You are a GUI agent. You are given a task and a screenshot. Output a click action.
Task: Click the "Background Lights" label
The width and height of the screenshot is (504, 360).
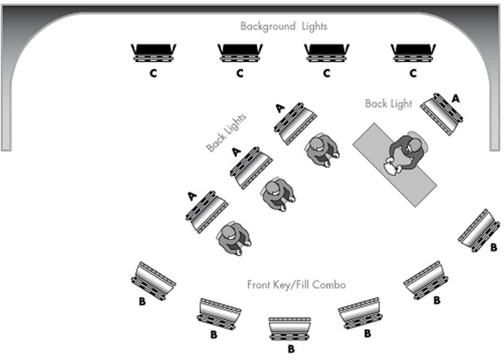coord(284,27)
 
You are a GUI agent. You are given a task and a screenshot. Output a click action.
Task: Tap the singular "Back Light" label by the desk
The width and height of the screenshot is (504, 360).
coord(389,104)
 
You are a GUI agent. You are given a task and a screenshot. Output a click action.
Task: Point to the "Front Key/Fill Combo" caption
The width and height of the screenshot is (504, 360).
coord(297,284)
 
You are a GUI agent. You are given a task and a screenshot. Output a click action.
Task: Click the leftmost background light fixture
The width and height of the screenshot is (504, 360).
coord(154,53)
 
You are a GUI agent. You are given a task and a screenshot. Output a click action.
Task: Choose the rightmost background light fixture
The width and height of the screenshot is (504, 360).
coord(413,53)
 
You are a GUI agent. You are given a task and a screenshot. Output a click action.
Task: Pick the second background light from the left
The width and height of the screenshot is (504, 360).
coord(240,53)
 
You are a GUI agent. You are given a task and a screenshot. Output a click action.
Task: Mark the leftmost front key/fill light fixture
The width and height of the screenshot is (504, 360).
coord(154,280)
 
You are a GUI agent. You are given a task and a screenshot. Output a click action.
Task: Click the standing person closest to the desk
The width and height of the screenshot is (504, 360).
coord(320,149)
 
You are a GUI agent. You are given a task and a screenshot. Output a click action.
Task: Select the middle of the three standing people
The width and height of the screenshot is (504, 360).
coord(279,193)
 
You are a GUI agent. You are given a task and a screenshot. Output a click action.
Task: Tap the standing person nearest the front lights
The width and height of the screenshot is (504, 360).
coord(234,237)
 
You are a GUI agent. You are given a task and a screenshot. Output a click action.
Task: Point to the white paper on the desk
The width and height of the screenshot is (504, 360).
coord(392,168)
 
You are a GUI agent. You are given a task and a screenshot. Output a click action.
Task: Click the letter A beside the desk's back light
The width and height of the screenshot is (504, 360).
coord(455,97)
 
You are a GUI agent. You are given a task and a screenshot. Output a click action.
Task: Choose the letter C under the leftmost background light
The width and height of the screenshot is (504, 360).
coord(153,73)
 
